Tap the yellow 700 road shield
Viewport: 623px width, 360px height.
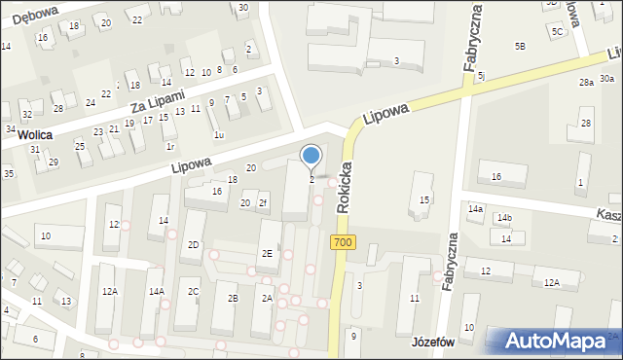coord(342,242)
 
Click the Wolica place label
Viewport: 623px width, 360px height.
coord(34,135)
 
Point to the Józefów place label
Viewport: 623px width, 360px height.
coord(434,344)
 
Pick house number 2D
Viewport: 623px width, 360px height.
coord(193,244)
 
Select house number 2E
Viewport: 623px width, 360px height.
coord(267,253)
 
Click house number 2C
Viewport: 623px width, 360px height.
coord(194,292)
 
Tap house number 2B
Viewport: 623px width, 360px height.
coord(232,299)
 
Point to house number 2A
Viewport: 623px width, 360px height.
coord(266,299)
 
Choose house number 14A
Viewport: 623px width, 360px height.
coord(156,291)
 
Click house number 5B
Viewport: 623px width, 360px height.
coord(520,46)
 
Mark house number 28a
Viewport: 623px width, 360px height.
coord(586,83)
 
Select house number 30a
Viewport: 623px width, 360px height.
coord(606,78)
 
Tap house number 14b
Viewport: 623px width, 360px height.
coord(504,218)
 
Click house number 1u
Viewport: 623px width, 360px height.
coord(219,135)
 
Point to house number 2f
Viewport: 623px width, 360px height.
coord(262,202)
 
